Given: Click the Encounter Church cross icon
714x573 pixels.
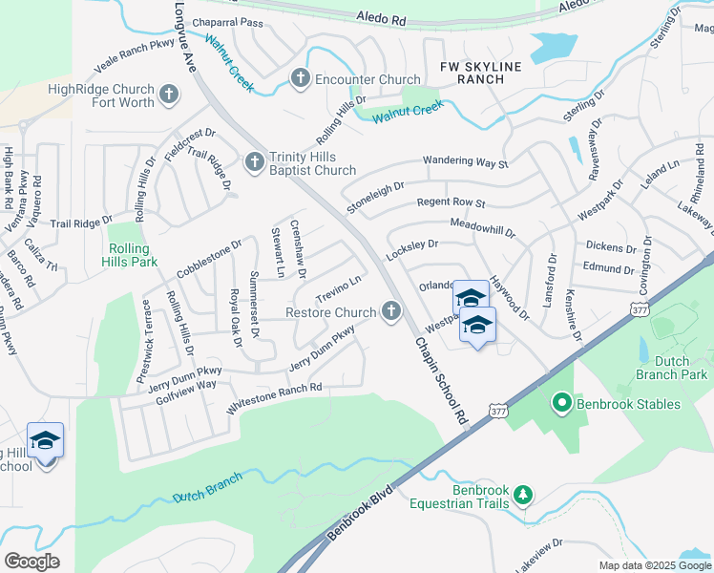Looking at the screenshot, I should (x=300, y=79).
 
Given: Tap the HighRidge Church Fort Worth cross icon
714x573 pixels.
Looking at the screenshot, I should (x=169, y=95).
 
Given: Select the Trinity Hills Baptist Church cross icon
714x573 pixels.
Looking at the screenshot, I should (x=255, y=162).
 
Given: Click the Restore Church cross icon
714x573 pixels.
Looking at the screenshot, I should (x=390, y=311).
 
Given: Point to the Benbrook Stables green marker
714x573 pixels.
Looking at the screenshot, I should (x=561, y=404).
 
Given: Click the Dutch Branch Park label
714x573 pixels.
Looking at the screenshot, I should (x=681, y=368).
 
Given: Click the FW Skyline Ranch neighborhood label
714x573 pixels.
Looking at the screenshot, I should (x=472, y=73).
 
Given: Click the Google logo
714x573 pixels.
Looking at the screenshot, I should (x=31, y=561).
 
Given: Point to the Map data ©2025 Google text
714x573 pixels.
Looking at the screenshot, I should (x=655, y=565).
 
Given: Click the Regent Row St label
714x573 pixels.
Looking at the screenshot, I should (x=451, y=203).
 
